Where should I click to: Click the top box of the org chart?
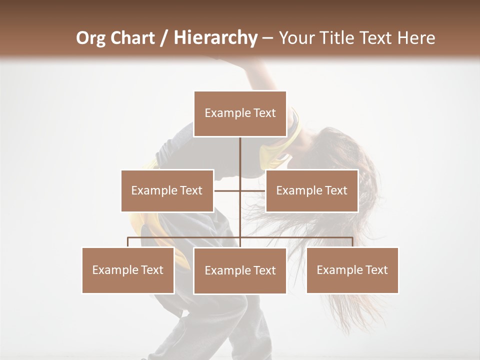click(240, 113)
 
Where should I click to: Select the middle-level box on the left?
click(167, 190)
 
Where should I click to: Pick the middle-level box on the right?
click(311, 190)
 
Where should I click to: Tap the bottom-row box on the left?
click(128, 270)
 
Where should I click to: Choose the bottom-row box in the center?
click(240, 270)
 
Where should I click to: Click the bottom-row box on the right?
click(352, 270)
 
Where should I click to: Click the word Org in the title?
click(90, 38)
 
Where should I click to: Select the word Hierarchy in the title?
click(215, 38)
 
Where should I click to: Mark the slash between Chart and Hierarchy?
click(164, 38)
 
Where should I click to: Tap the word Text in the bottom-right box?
click(376, 270)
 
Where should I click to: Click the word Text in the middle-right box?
click(335, 190)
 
